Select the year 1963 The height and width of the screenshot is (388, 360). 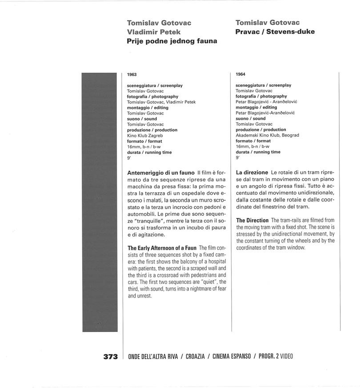coord(132,74)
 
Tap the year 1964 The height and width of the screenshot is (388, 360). coord(240,74)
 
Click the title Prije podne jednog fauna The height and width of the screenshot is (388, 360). coord(172,41)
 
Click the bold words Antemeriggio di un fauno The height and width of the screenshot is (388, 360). coord(161,173)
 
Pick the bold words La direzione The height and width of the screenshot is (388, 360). coord(252,172)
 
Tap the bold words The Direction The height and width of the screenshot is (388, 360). coord(252,221)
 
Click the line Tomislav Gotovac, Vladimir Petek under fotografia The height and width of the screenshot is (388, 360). coord(161,102)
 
